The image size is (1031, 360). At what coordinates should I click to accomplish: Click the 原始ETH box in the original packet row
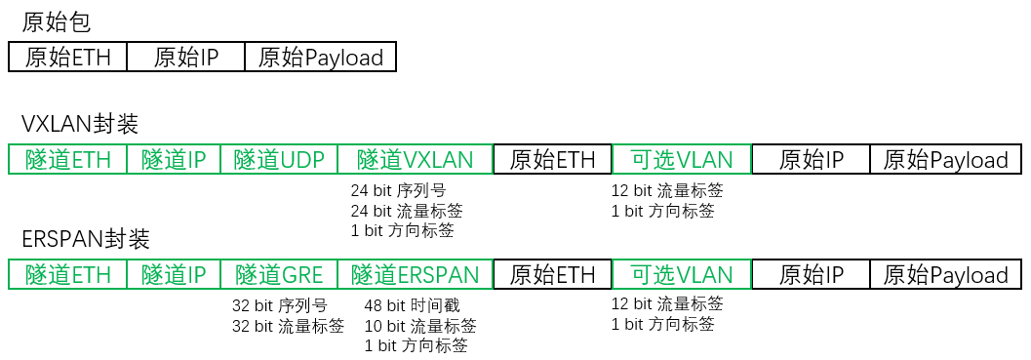pyautogui.click(x=67, y=58)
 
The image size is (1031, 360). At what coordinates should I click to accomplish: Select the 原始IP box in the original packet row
pyautogui.click(x=185, y=58)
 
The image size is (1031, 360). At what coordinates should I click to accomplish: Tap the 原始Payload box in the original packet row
pyautogui.click(x=320, y=58)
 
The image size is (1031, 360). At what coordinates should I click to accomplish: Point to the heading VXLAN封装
pyautogui.click(x=80, y=125)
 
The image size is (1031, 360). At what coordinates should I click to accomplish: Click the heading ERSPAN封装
pyautogui.click(x=86, y=239)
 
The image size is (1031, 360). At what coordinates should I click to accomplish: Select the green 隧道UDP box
pyautogui.click(x=279, y=160)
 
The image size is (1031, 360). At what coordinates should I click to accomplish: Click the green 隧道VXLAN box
pyautogui.click(x=415, y=160)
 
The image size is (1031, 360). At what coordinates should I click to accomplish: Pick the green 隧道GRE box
pyautogui.click(x=279, y=274)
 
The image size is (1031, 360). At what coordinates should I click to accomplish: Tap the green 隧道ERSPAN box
pyautogui.click(x=415, y=274)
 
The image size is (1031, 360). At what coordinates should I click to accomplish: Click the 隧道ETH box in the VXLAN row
pyautogui.click(x=67, y=160)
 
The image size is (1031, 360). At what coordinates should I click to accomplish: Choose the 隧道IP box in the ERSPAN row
pyautogui.click(x=174, y=274)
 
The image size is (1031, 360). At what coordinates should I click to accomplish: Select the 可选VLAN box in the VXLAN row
pyautogui.click(x=681, y=160)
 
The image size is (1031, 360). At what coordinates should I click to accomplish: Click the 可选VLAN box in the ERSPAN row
pyautogui.click(x=681, y=274)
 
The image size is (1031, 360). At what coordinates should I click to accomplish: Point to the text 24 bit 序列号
pyautogui.click(x=398, y=190)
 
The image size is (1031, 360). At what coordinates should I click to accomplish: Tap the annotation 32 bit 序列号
pyautogui.click(x=279, y=305)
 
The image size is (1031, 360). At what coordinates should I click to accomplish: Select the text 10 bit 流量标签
pyautogui.click(x=420, y=326)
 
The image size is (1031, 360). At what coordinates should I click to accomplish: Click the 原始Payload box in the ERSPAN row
pyautogui.click(x=945, y=274)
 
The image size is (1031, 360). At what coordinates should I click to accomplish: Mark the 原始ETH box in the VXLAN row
pyautogui.click(x=552, y=160)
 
